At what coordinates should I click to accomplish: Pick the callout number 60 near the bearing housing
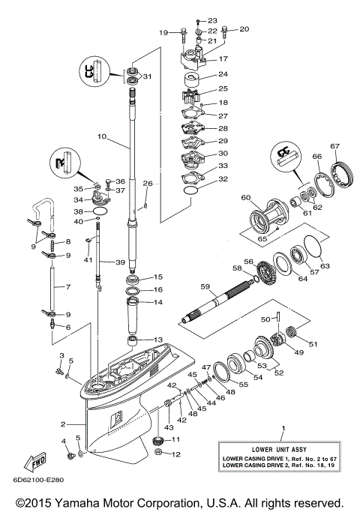[244, 199]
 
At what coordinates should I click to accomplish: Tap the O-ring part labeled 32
[191, 192]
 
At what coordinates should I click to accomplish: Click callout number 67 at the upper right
[335, 146]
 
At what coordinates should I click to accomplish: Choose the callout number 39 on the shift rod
[120, 262]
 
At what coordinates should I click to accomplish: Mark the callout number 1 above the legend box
[283, 429]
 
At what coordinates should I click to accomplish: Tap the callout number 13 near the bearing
[157, 340]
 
